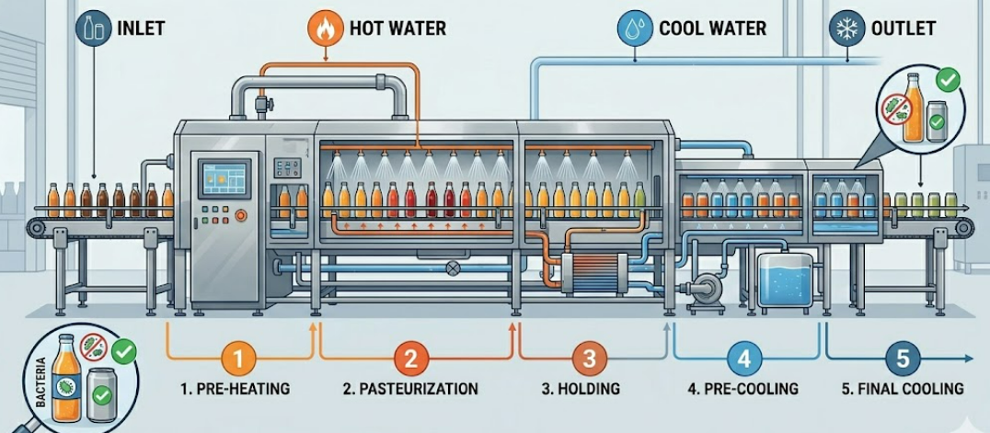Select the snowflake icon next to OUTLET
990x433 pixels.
click(x=844, y=28)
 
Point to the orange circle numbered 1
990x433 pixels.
click(x=238, y=357)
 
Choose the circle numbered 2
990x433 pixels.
click(x=410, y=357)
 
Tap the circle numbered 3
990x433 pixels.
click(x=590, y=357)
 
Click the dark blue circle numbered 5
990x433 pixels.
click(x=903, y=357)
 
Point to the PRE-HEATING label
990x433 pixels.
click(x=236, y=389)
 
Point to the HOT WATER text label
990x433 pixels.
click(x=397, y=28)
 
